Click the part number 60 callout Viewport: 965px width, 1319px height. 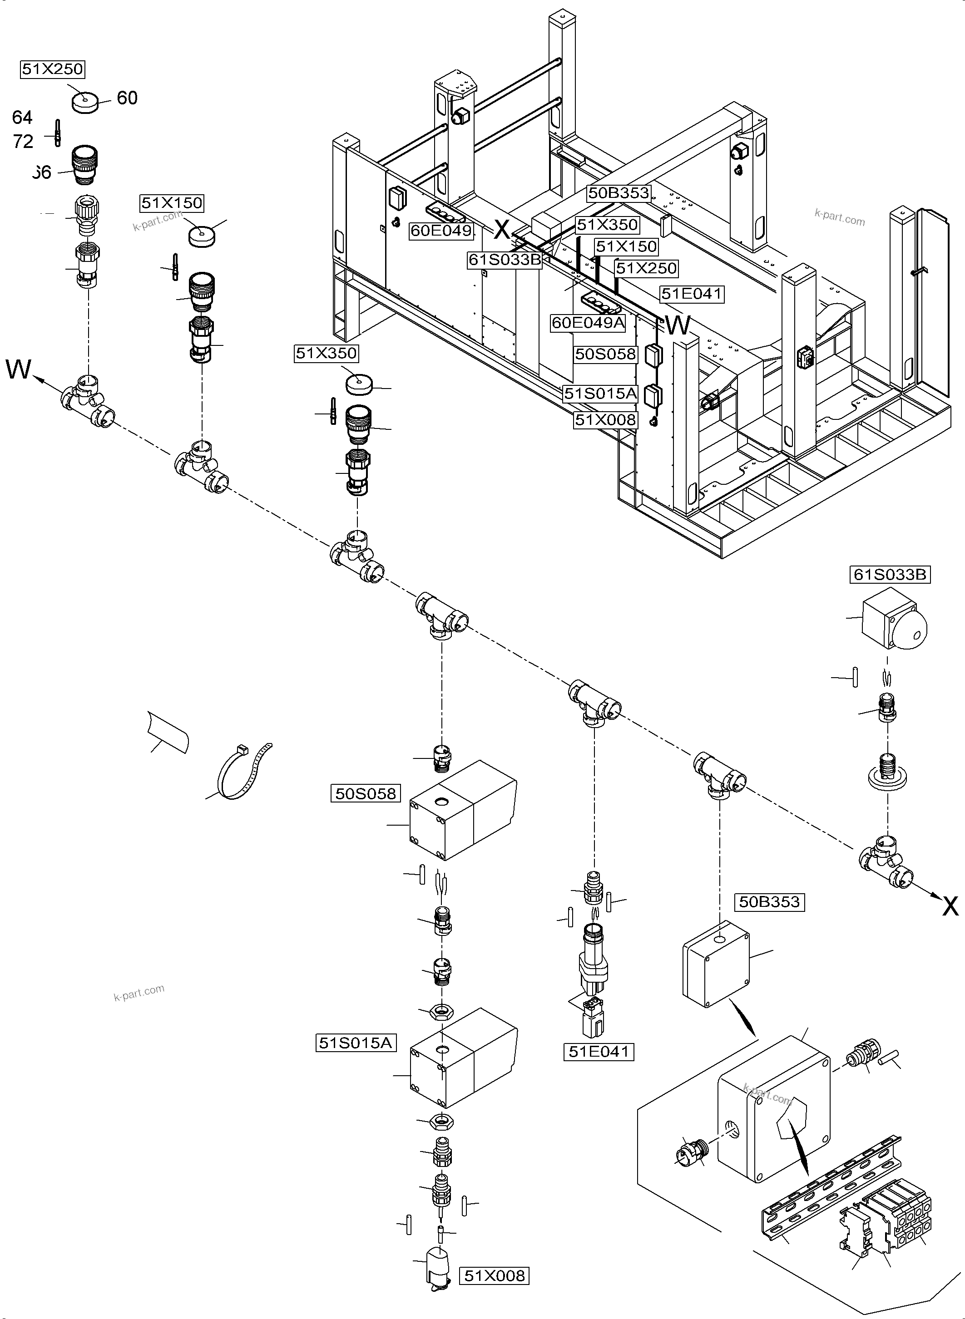click(127, 98)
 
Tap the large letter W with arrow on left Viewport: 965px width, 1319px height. click(18, 369)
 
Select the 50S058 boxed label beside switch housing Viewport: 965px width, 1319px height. click(366, 793)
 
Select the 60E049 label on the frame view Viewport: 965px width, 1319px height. click(441, 231)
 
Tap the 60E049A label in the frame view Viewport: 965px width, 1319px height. click(588, 322)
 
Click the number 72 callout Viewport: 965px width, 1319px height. click(23, 141)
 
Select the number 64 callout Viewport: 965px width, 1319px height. click(22, 118)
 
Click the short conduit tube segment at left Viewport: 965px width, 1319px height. click(168, 734)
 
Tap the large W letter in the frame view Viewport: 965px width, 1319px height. click(678, 326)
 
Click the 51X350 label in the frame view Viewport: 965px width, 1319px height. click(607, 225)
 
